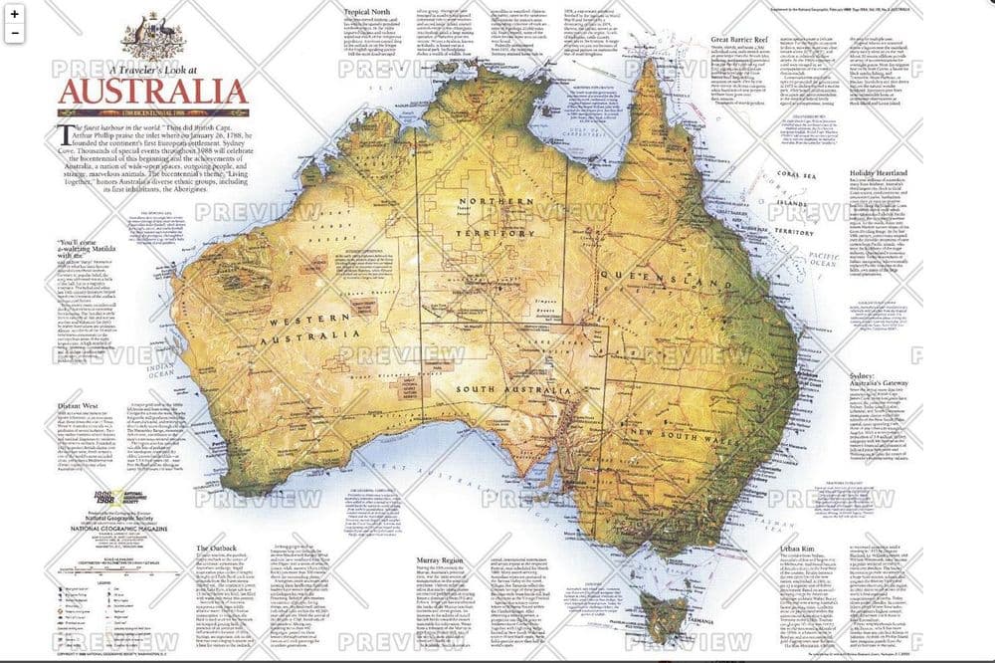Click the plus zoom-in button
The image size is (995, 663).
(x=15, y=13)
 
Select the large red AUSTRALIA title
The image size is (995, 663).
(x=152, y=93)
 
